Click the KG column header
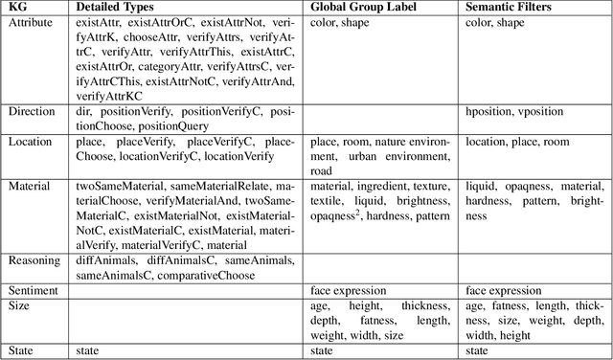pyautogui.click(x=17, y=8)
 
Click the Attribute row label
pyautogui.click(x=31, y=22)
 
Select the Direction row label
pyautogui.click(x=32, y=112)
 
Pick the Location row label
pyautogui.click(x=31, y=142)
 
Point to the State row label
pyautogui.click(x=20, y=350)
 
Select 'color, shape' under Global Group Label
pyautogui.click(x=340, y=22)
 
